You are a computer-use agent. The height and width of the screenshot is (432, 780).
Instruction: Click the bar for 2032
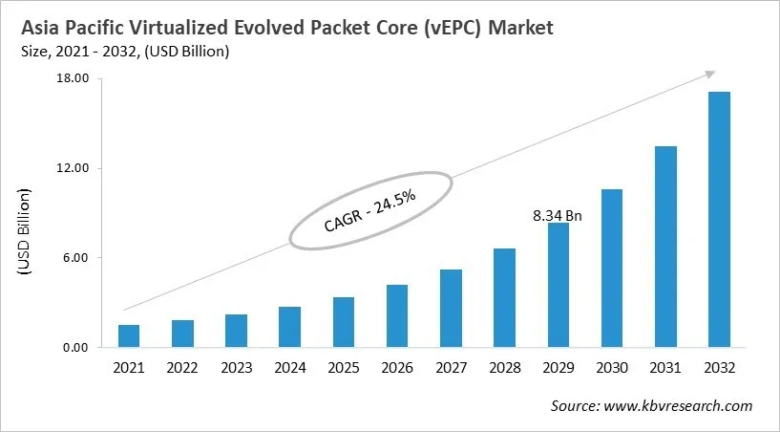click(718, 220)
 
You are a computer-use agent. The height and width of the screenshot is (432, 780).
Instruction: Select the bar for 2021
click(129, 336)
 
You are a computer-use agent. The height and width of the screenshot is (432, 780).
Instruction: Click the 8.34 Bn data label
click(558, 216)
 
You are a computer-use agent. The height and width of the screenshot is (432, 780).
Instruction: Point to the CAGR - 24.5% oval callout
click(369, 211)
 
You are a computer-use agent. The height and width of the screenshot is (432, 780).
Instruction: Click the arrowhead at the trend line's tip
click(709, 73)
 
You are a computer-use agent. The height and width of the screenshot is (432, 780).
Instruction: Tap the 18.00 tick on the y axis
click(74, 78)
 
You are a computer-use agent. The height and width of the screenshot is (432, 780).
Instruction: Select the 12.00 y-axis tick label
click(74, 168)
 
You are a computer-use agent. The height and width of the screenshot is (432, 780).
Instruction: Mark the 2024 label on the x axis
click(289, 367)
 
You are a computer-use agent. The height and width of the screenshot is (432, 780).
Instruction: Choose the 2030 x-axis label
click(611, 367)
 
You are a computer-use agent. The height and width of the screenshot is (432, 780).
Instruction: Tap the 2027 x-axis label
click(451, 367)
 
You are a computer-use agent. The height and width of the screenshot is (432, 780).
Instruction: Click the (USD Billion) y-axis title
click(25, 234)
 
